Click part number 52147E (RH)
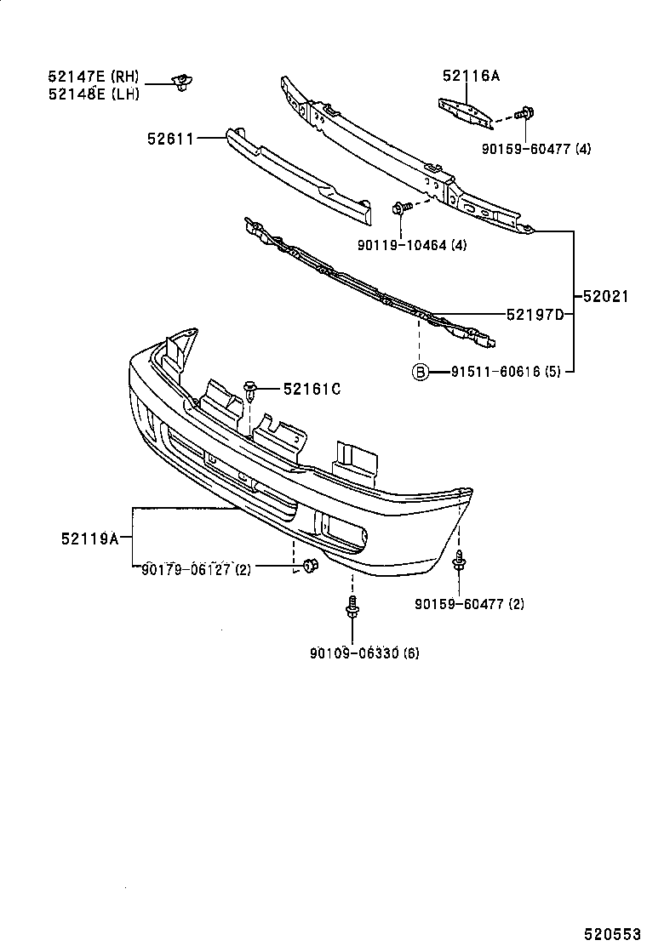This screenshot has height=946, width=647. (93, 77)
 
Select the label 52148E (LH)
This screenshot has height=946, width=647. (93, 94)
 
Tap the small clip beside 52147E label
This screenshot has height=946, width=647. (180, 83)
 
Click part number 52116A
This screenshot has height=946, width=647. (471, 76)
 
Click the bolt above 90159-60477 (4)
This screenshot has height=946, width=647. (524, 112)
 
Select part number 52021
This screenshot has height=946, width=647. (606, 297)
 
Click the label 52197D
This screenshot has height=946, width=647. (535, 315)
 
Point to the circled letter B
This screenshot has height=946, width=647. (420, 372)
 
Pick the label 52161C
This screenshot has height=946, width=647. (312, 389)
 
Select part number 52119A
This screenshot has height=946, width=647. (89, 538)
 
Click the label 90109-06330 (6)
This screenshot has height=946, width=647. (364, 653)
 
